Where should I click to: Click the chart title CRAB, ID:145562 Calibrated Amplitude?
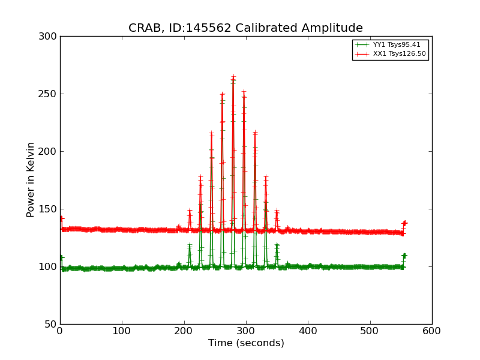coord(245,28)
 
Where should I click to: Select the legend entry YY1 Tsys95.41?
coord(397,44)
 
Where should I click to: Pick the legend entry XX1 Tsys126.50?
coord(399,54)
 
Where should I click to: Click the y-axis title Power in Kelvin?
coord(31,179)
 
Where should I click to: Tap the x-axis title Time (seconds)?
coord(246,343)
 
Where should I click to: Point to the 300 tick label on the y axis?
coord(47,37)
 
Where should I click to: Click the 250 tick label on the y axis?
coord(47,94)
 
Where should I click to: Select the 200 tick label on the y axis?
coord(47,152)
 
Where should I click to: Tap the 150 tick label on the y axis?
coord(47,209)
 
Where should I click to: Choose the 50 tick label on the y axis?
coord(50,325)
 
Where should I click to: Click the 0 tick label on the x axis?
coord(60,331)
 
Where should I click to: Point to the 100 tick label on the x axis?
coord(122,331)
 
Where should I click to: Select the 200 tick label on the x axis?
coord(184,331)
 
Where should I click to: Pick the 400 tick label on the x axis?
coord(308,331)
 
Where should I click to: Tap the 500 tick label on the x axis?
coord(370,331)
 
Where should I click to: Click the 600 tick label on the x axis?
coord(432,331)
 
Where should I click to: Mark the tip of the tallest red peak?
coord(233,77)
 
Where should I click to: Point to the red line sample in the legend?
coord(361,54)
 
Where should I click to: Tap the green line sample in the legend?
coord(361,44)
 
